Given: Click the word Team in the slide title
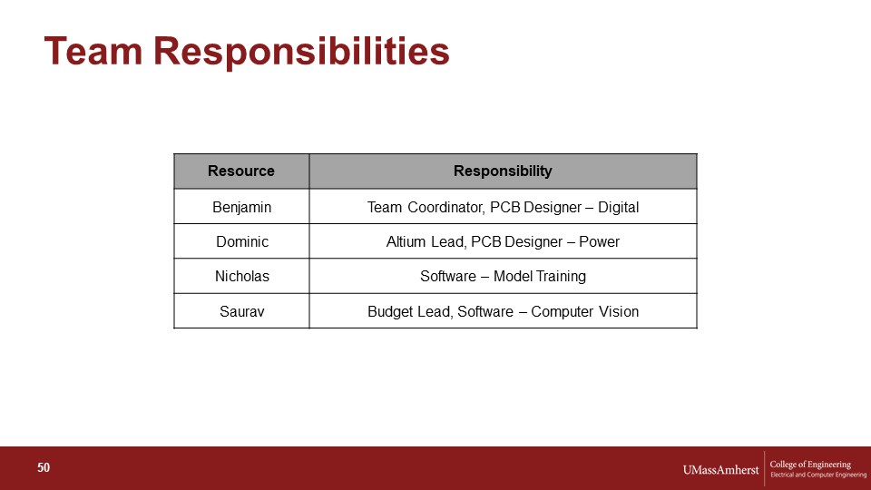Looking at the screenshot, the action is (x=93, y=51).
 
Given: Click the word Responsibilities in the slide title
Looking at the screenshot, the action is (x=301, y=53).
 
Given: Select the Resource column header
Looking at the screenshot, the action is (x=241, y=171).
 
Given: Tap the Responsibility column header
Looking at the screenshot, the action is (x=503, y=171).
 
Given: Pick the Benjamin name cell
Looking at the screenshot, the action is (x=241, y=207).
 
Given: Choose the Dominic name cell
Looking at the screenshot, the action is (x=242, y=241).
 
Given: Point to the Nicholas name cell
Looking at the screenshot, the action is (x=242, y=276).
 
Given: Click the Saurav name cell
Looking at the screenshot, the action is (x=241, y=311).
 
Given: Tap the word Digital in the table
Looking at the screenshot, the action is (x=618, y=207).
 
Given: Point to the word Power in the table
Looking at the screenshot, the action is (x=599, y=241).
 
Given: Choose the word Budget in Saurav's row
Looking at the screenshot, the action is (x=388, y=311).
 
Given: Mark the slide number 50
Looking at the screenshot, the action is (x=44, y=468).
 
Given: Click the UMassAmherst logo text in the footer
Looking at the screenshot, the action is (x=720, y=470).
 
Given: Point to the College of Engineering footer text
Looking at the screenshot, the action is (x=810, y=465).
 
